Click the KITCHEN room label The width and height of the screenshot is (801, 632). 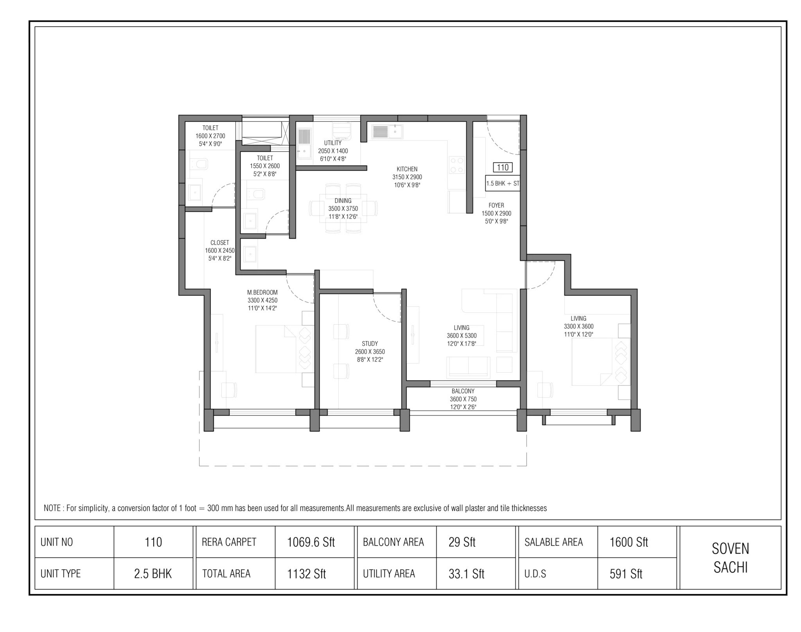pos(407,169)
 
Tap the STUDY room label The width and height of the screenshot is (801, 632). pos(370,344)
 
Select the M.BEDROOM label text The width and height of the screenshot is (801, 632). pos(262,292)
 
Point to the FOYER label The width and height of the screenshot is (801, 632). pos(496,205)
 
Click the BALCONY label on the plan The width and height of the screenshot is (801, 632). pos(463,391)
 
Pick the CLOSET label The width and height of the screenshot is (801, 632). pos(219,242)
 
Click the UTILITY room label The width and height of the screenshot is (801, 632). pos(332,143)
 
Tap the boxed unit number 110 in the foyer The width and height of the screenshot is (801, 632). pos(503,168)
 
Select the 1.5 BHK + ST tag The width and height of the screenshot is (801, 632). pos(503,183)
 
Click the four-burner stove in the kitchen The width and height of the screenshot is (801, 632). pos(456,165)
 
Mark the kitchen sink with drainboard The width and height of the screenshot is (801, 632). pos(387,132)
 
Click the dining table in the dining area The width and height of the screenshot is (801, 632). pos(343,208)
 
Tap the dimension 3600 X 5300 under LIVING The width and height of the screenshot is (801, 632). pos(462,336)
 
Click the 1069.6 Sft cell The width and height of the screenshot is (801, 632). pos(311,542)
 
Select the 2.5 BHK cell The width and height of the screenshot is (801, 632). pos(153,574)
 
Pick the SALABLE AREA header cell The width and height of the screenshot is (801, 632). pos(553,542)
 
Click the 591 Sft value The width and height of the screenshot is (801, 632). pos(626,574)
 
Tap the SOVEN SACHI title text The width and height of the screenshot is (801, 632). pos(730,558)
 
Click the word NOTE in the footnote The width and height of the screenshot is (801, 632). pos(52,508)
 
